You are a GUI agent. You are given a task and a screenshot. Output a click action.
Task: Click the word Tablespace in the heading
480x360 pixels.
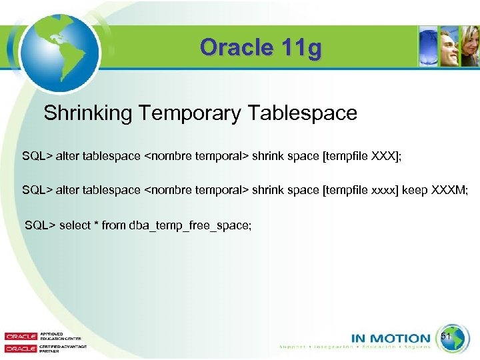click(303, 113)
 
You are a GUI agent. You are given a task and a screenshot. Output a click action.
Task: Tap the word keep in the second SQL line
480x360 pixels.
click(413, 191)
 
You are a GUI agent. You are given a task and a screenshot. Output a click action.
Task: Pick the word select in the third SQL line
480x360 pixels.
click(75, 225)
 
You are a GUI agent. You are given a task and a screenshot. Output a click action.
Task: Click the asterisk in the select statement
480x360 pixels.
click(97, 225)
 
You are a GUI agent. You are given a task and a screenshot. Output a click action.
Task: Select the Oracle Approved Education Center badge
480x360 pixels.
click(34, 336)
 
